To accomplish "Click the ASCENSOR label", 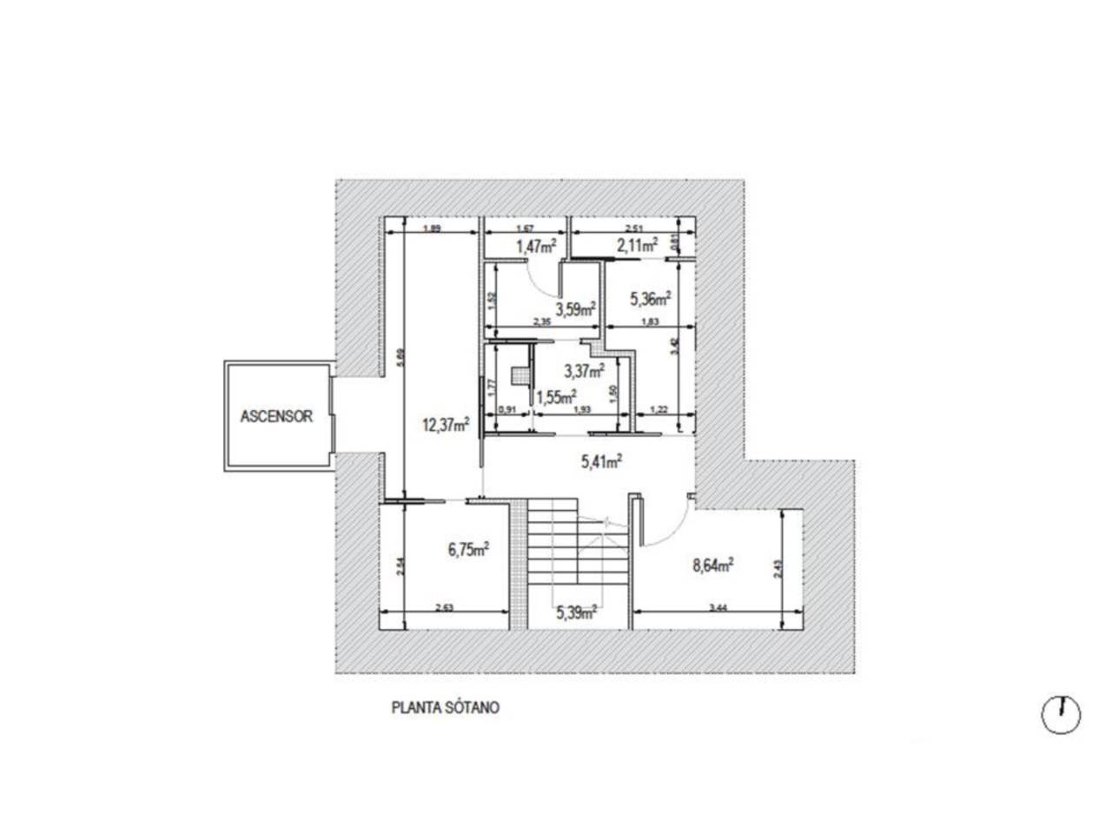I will pos(276,416).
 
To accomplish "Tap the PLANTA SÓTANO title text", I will pos(446,707).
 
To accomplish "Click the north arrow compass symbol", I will pos(1061,715).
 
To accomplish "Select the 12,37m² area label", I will pos(447,425).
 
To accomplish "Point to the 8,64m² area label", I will pos(713,566).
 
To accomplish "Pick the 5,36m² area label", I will pos(650,300).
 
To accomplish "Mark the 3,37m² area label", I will pos(584,371).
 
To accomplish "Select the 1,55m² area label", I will pos(557,398).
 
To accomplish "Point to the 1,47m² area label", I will pos(536,247).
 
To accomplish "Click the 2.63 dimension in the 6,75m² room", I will pos(445,607).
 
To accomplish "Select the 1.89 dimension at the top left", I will pos(431,229).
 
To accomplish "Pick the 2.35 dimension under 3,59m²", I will pos(540,322).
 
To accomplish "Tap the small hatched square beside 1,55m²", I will pos(520,375).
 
